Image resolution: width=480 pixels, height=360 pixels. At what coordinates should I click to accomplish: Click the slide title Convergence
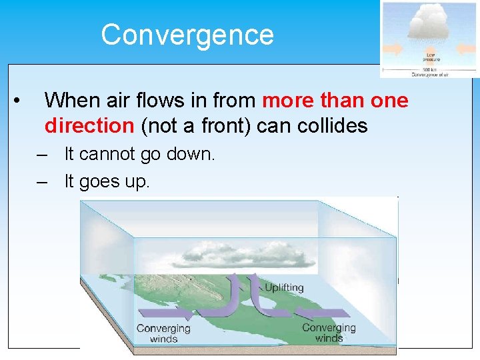187,35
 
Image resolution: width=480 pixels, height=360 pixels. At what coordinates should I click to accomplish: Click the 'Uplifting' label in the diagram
284,288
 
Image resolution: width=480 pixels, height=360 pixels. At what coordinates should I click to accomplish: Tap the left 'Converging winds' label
163,333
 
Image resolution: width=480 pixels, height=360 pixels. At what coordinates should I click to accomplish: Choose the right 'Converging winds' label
329,332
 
